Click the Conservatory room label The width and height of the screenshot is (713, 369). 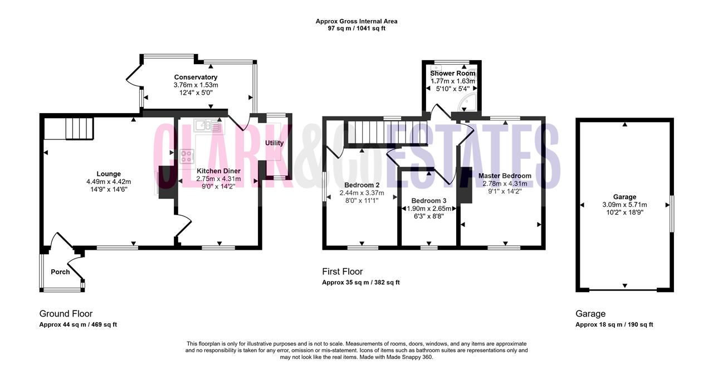click(196, 77)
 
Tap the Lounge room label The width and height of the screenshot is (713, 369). click(109, 174)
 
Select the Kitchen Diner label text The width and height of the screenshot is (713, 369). click(219, 171)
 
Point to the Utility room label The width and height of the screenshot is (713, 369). click(275, 143)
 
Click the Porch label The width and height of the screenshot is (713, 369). click(60, 272)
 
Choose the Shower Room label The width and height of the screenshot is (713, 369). click(453, 73)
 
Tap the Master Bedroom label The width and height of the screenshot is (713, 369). click(505, 176)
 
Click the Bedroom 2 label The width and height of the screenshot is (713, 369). click(362, 185)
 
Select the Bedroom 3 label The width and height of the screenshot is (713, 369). click(429, 201)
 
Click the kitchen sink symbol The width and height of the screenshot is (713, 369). click(208, 125)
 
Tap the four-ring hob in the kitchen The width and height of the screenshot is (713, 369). click(187, 157)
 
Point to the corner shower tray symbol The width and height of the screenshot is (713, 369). click(467, 101)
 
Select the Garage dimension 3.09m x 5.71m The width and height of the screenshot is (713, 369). click(624, 205)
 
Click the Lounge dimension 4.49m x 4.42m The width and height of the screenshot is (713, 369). click(109, 182)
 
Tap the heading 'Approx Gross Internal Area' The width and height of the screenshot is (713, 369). click(356, 21)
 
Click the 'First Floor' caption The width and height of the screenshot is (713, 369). click(343, 271)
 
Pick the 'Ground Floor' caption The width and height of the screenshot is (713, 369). click(66, 314)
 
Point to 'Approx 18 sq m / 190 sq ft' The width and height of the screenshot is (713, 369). click(614, 325)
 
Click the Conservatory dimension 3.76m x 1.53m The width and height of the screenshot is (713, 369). click(196, 85)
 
